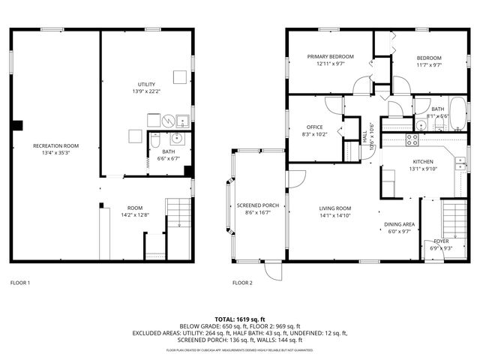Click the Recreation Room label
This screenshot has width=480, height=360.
tap(55, 145)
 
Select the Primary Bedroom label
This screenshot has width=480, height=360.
tap(331, 57)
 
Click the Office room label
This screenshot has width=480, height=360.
tap(314, 127)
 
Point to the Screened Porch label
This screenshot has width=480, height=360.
tap(258, 205)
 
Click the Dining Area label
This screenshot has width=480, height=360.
tap(400, 224)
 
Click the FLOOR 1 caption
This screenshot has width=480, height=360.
tap(20, 283)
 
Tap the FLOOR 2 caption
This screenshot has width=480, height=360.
tap(242, 283)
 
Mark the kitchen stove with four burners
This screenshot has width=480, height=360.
tap(412, 139)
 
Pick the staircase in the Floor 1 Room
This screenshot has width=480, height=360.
tap(178, 214)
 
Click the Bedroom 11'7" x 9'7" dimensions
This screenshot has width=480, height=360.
tap(428, 65)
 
